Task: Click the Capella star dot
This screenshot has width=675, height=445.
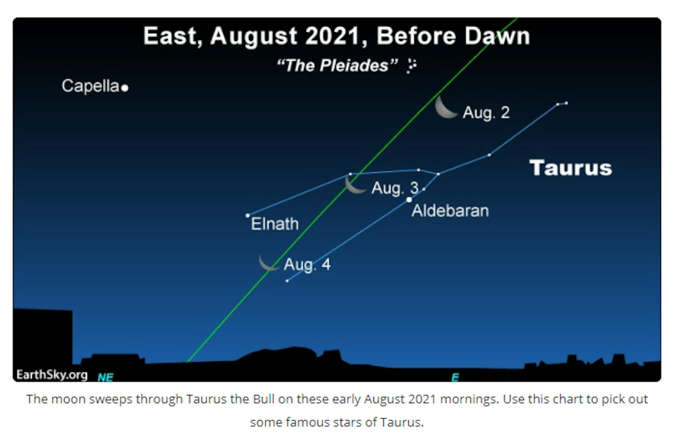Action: click(125, 88)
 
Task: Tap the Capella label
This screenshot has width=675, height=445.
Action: click(90, 86)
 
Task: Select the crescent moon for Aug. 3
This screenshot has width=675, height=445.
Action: click(354, 185)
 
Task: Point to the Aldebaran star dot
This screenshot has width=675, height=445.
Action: click(409, 200)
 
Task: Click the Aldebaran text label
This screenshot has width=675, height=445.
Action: click(450, 211)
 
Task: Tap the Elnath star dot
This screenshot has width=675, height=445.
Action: click(247, 215)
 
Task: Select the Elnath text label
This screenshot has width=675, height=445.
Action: click(275, 224)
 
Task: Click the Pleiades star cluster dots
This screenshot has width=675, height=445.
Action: click(412, 66)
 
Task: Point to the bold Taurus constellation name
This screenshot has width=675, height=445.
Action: click(571, 168)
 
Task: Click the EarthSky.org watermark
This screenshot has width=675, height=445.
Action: click(52, 374)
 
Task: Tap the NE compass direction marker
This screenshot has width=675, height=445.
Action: click(105, 377)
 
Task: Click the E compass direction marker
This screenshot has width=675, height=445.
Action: click(455, 377)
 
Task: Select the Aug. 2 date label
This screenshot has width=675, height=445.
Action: click(486, 113)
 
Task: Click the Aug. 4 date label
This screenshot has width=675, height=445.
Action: click(307, 265)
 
